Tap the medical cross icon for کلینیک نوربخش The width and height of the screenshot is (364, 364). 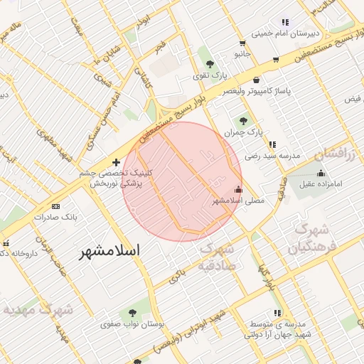pyautogui.click(x=117, y=163)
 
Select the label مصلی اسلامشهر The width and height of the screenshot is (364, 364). pyautogui.click(x=238, y=201)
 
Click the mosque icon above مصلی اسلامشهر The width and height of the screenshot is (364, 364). pyautogui.click(x=238, y=190)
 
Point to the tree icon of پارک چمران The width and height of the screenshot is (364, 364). pyautogui.click(x=244, y=121)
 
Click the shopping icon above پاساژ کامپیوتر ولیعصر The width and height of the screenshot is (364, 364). pyautogui.click(x=256, y=80)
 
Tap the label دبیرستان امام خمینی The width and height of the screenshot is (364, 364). pyautogui.click(x=286, y=33)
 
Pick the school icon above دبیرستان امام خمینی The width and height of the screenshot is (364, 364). pyautogui.click(x=286, y=22)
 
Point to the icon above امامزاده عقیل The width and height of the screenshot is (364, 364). pyautogui.click(x=321, y=172)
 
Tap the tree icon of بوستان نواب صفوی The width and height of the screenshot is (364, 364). pyautogui.click(x=132, y=312)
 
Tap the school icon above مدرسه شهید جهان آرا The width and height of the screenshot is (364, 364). pyautogui.click(x=277, y=313)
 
